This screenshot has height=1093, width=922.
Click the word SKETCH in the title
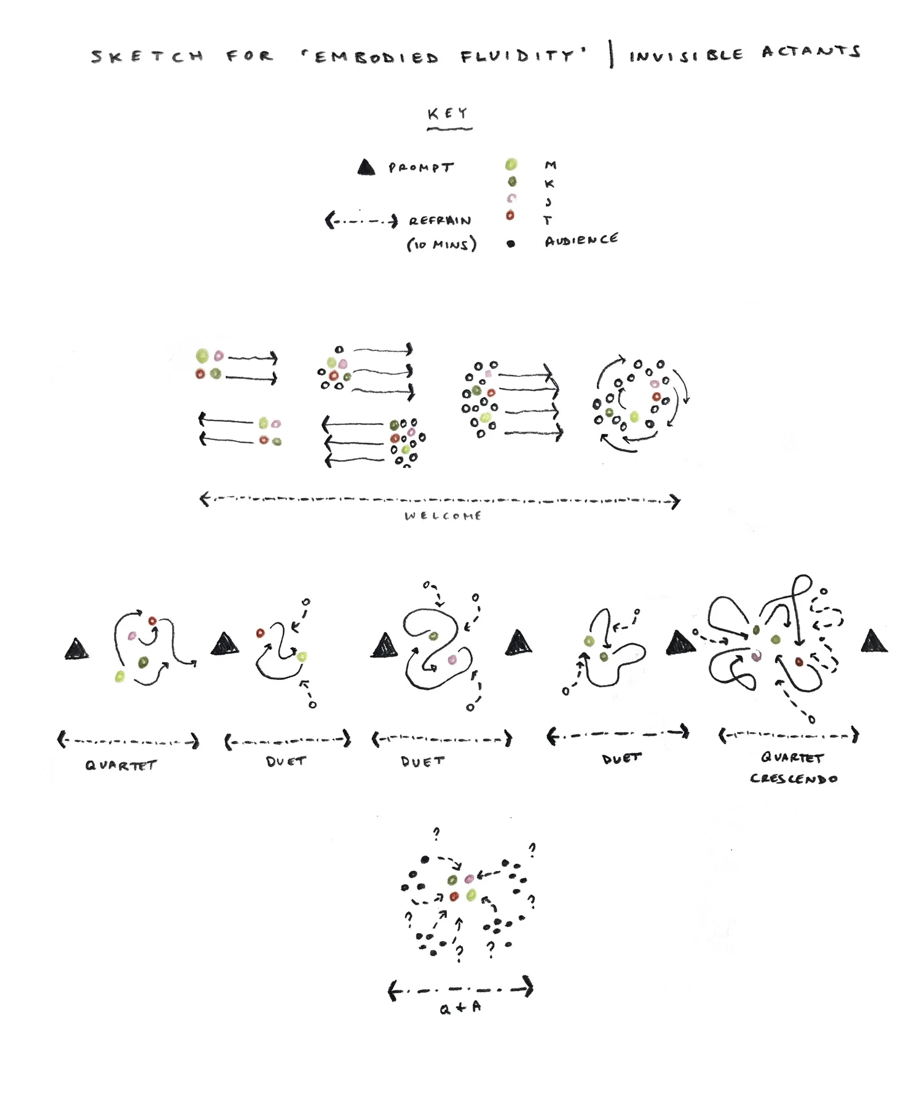point(148,57)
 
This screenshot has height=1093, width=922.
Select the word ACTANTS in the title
point(811,52)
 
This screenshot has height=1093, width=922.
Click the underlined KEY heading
point(448,114)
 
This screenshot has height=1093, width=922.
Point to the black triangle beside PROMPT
point(366,167)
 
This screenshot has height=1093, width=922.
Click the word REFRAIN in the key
point(440,221)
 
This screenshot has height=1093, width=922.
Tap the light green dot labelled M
point(511,164)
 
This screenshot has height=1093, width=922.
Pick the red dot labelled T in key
point(510,216)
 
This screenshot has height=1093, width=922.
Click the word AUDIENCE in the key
point(581,240)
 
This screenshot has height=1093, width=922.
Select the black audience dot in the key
point(511,243)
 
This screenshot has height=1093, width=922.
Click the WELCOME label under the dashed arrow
point(443,516)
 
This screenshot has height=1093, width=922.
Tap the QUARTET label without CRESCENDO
point(121,765)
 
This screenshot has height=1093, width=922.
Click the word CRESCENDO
point(794,779)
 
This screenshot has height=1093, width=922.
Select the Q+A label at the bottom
point(460,1008)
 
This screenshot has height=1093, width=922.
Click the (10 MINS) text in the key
point(441,245)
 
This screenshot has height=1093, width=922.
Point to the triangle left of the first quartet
point(76,650)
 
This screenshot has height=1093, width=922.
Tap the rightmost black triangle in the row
point(873,641)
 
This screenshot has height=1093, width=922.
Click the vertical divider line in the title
point(611,54)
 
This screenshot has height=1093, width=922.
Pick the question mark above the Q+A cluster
point(436,834)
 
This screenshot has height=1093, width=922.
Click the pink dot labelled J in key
point(511,199)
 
